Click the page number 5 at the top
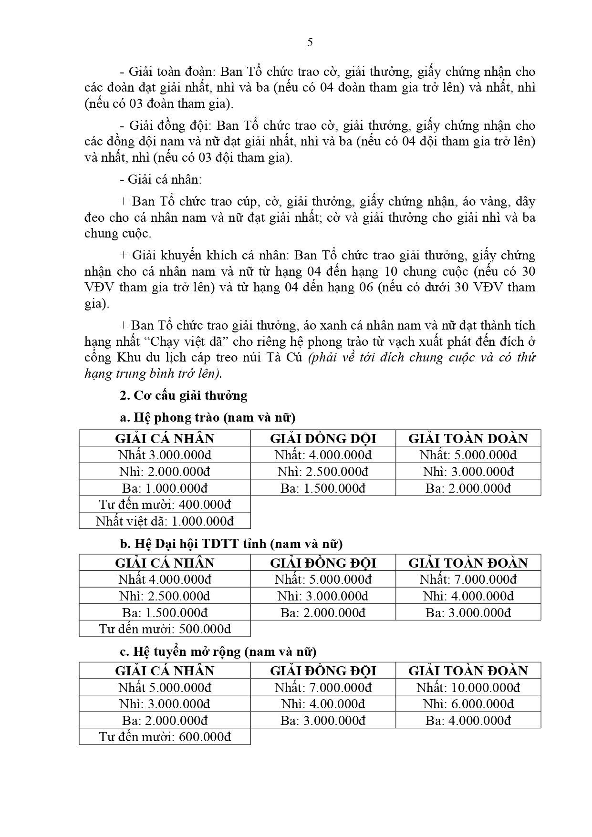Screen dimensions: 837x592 point(310,43)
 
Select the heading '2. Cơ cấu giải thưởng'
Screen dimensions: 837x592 point(184,395)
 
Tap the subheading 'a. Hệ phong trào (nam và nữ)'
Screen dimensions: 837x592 point(208,418)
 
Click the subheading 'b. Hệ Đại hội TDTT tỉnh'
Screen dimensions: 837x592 point(231,544)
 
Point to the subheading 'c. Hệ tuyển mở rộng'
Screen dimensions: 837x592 point(218,651)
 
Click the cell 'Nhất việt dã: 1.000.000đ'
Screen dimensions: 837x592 point(165,521)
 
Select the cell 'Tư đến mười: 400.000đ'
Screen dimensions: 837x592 point(165,505)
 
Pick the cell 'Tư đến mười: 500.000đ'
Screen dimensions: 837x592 point(165,629)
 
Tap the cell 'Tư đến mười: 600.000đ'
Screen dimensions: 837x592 point(165,736)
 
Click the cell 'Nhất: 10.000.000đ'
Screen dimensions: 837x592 point(468,687)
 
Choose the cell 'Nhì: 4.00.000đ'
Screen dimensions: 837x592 point(323,704)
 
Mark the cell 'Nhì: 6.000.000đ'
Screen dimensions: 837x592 point(468,704)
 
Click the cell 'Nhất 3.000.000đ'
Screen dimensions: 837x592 point(165,455)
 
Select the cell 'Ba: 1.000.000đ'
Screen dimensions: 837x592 point(165,488)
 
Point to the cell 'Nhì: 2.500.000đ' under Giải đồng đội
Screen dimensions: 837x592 point(323,471)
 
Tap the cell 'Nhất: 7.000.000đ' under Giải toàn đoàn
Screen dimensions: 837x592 point(468,579)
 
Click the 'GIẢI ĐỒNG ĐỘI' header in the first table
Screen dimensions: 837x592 point(323,438)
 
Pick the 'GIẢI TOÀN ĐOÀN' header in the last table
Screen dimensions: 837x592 point(468,671)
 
